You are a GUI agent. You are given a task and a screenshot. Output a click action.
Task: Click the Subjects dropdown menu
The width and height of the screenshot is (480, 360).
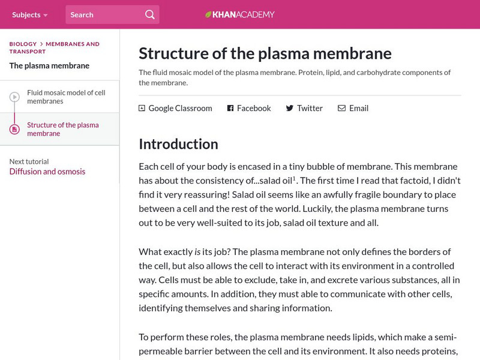tap(29, 14)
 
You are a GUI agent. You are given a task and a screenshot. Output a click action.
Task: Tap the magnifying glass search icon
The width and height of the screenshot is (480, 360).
tap(149, 14)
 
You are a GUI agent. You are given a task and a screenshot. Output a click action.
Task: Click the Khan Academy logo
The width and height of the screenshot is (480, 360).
tap(239, 14)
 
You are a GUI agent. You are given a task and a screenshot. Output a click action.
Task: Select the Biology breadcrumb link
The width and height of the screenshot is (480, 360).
tap(23, 44)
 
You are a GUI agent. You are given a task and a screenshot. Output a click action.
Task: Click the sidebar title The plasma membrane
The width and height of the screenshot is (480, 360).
tap(49, 66)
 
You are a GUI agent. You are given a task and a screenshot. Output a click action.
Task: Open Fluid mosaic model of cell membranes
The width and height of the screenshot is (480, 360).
tap(66, 97)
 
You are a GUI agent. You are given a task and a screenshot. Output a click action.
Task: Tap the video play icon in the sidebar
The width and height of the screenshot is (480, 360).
tap(14, 97)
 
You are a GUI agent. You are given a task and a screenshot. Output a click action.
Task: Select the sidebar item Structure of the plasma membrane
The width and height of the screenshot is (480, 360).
tap(63, 129)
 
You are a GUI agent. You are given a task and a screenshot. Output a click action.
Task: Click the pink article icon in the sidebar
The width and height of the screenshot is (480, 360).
tap(14, 129)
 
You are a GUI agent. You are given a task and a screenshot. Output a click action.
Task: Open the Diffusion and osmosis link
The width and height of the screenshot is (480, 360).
tap(47, 172)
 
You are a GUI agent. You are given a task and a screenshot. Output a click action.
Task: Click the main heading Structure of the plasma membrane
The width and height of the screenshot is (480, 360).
tap(265, 53)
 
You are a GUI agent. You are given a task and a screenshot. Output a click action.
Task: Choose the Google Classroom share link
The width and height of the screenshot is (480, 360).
tap(175, 109)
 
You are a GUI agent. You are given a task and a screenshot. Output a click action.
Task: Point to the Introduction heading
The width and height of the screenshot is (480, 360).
tap(178, 144)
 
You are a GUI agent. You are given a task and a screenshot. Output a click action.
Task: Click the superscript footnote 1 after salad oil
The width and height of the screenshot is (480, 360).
tap(295, 178)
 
